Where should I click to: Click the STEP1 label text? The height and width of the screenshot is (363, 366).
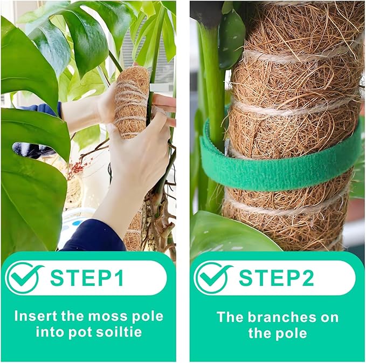(87, 278)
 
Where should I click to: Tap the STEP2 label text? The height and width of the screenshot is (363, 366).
(276, 278)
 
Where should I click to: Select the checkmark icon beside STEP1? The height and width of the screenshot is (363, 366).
(24, 278)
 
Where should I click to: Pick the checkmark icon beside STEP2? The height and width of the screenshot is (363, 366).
(213, 278)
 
